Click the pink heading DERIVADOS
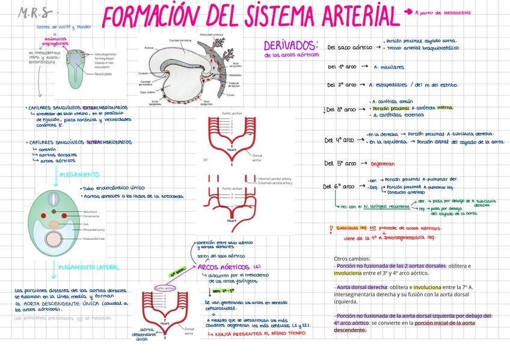pos(290,46)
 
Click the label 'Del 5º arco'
pos(340,163)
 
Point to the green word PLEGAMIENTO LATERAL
pos(89,267)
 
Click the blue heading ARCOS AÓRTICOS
pos(223,266)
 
